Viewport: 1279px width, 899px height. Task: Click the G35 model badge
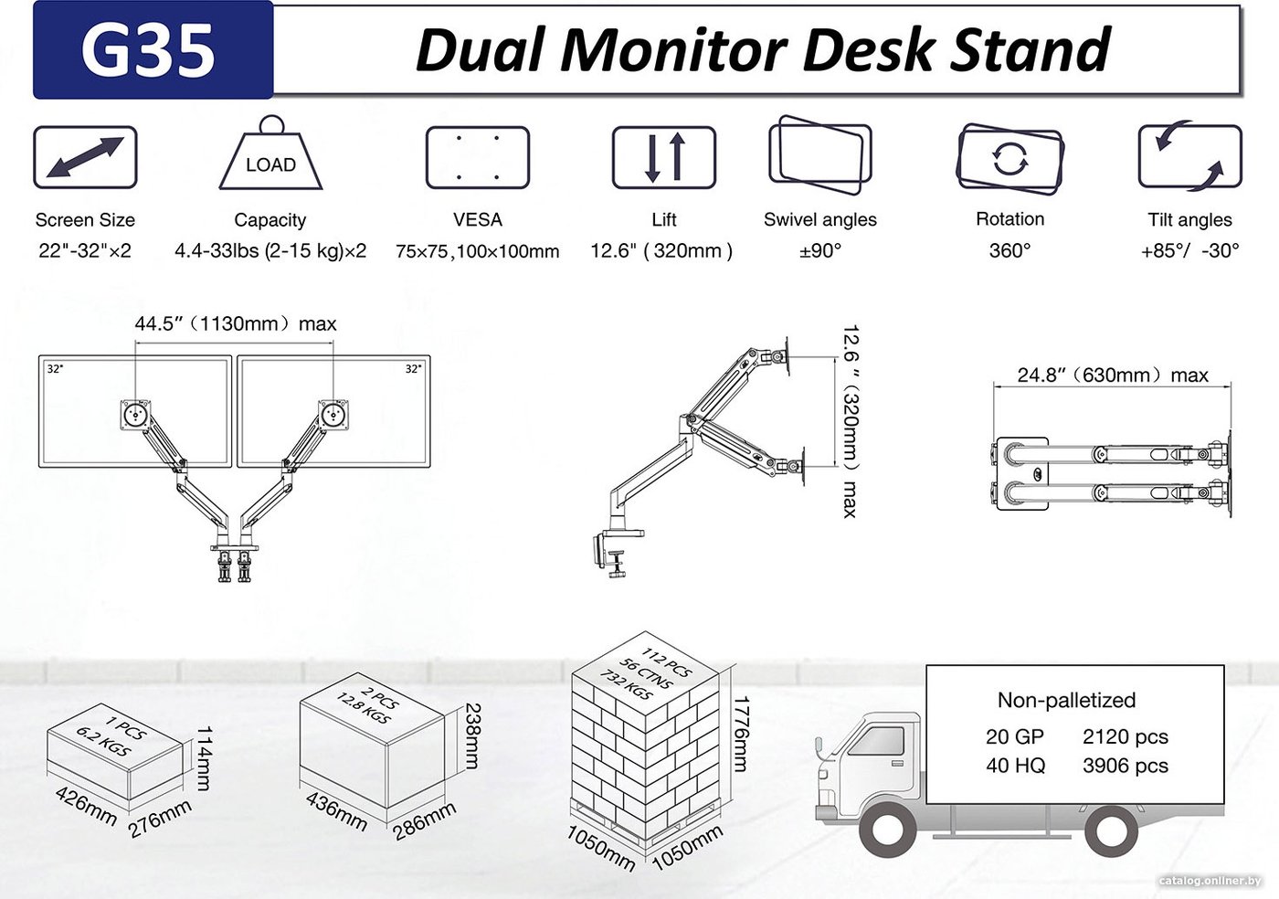[153, 50]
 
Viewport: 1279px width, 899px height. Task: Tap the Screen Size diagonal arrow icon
[85, 157]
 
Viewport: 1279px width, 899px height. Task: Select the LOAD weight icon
[270, 153]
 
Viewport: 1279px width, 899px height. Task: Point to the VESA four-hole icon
[477, 158]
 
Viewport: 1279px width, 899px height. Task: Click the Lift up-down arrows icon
[663, 157]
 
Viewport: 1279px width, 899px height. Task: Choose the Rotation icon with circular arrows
[1009, 158]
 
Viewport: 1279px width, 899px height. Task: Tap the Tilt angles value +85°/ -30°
[1189, 250]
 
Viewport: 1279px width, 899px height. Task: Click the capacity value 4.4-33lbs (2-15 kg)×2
[270, 250]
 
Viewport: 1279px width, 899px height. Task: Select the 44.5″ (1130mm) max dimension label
[236, 323]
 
